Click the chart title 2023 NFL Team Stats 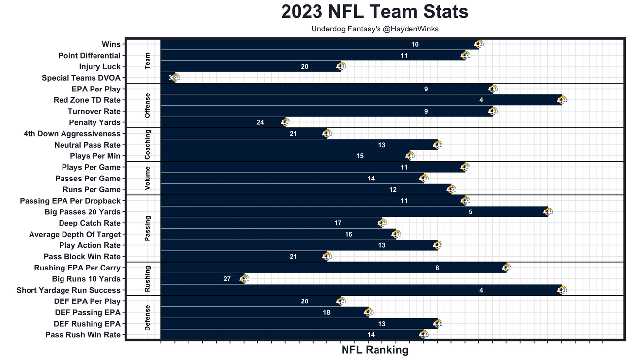pos(375,12)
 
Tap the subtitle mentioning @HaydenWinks pos(375,29)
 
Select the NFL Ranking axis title pos(375,350)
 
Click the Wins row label pos(111,44)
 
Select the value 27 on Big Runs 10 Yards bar pos(227,279)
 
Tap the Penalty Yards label pos(94,122)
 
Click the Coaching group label pos(148,145)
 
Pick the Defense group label pos(148,318)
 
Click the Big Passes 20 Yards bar pos(354,212)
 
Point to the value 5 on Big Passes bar pos(471,212)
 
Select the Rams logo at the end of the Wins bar pos(479,44)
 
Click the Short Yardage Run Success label pos(68,290)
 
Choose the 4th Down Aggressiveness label pos(72,134)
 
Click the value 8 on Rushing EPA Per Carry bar pos(437,268)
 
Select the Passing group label pos(148,228)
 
